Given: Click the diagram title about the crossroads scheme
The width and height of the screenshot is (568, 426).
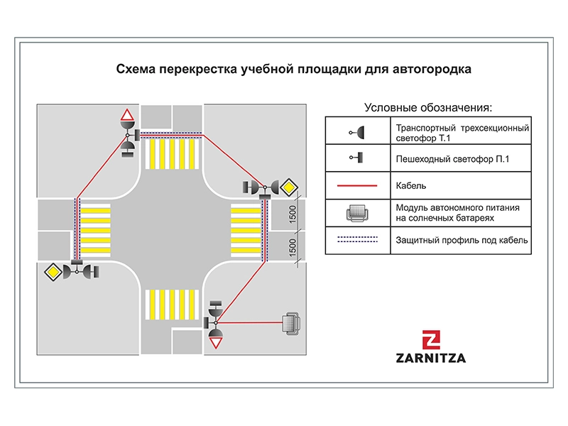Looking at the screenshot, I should pos(293,70).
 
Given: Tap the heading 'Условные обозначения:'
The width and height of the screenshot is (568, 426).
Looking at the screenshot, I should pos(427,107).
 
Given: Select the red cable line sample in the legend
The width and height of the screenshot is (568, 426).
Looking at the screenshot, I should pos(357,185).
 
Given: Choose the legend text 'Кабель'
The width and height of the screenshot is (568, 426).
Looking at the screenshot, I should pos(410,186).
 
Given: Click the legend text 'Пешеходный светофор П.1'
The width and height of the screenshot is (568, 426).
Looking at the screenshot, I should pos(452,159).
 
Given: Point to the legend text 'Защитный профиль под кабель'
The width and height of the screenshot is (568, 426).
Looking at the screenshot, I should pos(461,241).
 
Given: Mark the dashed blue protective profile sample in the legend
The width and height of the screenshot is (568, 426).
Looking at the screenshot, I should pos(357,240).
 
